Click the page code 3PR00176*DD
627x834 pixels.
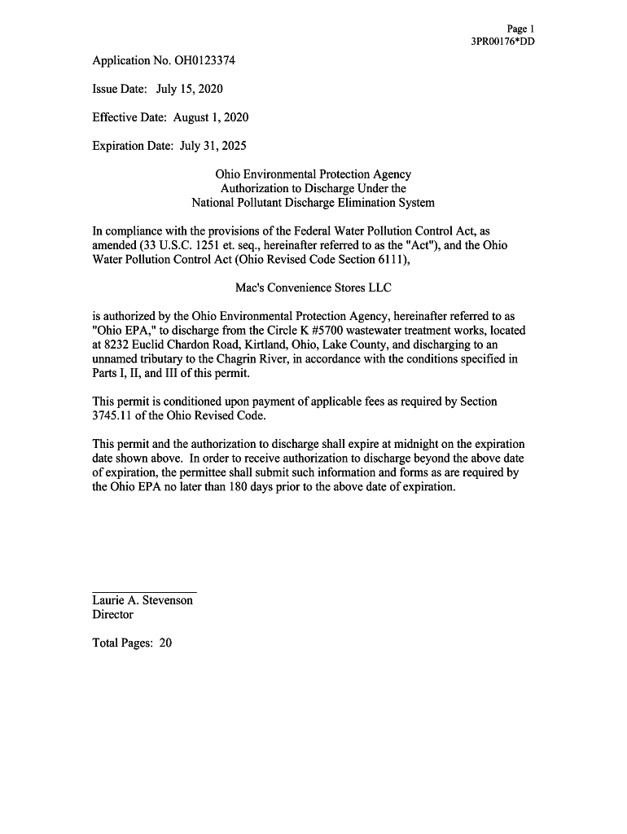[x=503, y=42]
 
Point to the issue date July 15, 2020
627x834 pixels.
[x=190, y=89]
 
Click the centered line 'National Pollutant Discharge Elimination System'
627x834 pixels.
[x=313, y=203]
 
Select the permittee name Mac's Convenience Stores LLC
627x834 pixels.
[x=313, y=288]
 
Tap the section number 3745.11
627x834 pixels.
[x=114, y=415]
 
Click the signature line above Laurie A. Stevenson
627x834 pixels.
[x=144, y=592]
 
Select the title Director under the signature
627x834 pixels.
[x=112, y=615]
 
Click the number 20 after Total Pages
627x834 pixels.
[x=165, y=643]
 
